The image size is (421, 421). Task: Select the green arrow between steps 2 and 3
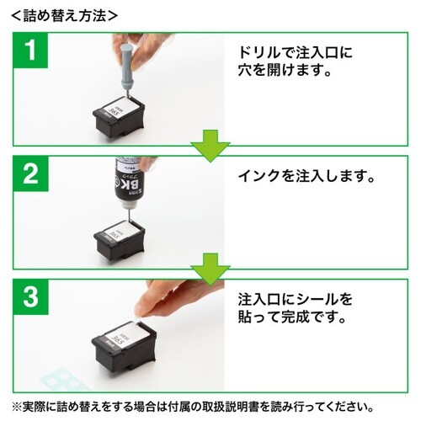[x=210, y=272]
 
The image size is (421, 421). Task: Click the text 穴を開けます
[x=286, y=73]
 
